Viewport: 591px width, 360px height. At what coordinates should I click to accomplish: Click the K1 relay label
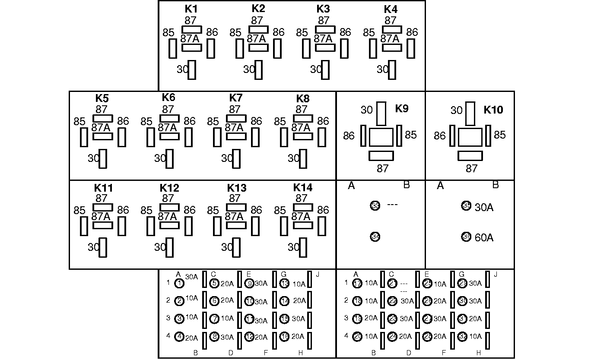tap(191, 9)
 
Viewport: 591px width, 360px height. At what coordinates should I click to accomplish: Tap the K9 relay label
tap(402, 108)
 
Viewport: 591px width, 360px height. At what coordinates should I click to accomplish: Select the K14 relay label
tap(303, 188)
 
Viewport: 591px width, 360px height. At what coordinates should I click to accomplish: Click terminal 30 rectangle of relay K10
tap(470, 114)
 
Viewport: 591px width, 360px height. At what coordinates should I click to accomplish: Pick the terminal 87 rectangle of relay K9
tap(381, 156)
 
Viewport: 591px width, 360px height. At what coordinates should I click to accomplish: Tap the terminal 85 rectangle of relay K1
tap(172, 48)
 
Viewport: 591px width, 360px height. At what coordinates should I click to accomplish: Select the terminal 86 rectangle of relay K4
tap(410, 48)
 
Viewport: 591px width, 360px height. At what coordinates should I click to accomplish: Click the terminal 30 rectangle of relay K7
tap(236, 158)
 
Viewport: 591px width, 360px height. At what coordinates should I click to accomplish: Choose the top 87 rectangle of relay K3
tap(325, 29)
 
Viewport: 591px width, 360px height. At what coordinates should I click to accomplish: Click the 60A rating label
tap(484, 237)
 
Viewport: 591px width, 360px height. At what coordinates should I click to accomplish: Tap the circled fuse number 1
tap(180, 284)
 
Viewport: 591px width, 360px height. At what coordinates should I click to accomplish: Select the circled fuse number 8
tap(215, 337)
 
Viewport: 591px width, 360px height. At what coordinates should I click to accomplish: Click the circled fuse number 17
tap(357, 284)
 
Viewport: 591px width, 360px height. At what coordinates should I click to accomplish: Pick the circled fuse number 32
tap(462, 337)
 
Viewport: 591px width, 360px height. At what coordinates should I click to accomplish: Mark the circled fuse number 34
tap(375, 237)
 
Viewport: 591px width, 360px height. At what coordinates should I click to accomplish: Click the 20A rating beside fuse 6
tap(227, 300)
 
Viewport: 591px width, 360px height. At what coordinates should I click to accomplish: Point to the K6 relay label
tap(168, 98)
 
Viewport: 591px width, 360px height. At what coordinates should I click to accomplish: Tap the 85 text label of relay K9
tap(411, 135)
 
